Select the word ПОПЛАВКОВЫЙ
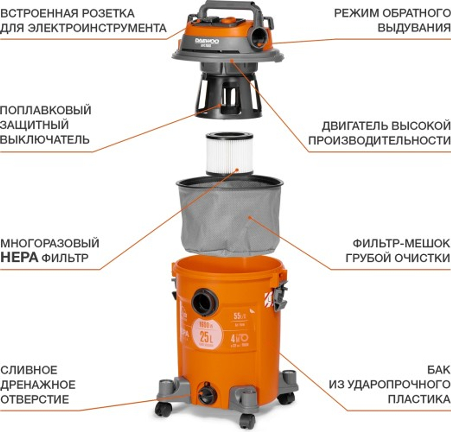tap(46, 110)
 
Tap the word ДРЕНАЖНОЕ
tap(38, 385)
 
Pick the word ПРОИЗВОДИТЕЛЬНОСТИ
tap(379, 140)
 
